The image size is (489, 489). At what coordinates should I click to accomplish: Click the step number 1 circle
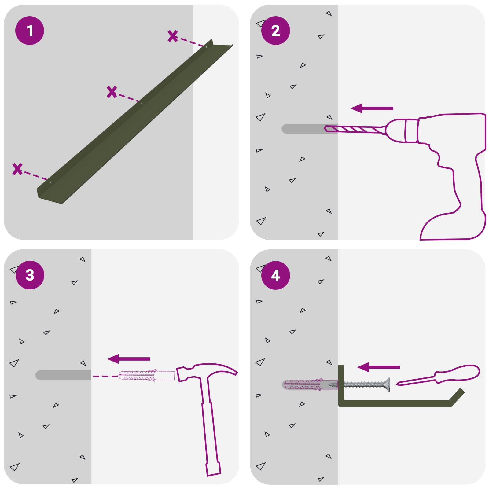tap(30, 31)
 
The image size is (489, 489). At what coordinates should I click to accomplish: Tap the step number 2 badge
tap(276, 31)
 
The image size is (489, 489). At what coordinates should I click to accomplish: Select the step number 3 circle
tap(30, 275)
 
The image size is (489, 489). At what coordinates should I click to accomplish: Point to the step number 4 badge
tap(276, 275)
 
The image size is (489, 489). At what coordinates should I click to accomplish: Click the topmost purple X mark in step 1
tap(173, 36)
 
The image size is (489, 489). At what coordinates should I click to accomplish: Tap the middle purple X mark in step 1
tap(112, 92)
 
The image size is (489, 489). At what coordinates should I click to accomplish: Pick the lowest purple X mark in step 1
tap(17, 169)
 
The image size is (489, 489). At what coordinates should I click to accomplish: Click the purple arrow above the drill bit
tap(372, 108)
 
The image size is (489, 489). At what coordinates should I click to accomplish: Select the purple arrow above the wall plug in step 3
tap(129, 359)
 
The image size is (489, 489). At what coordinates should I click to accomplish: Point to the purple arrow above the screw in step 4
tap(379, 367)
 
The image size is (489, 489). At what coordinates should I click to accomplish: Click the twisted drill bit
tap(355, 130)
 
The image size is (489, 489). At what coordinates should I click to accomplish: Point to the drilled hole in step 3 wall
tap(63, 375)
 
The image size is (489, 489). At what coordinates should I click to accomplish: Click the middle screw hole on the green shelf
tap(141, 103)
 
